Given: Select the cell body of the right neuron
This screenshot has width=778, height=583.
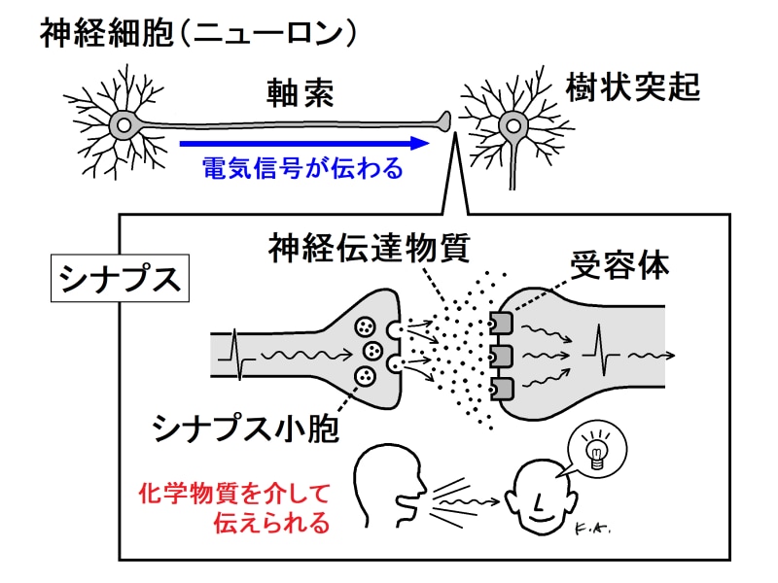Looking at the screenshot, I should (x=512, y=124).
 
